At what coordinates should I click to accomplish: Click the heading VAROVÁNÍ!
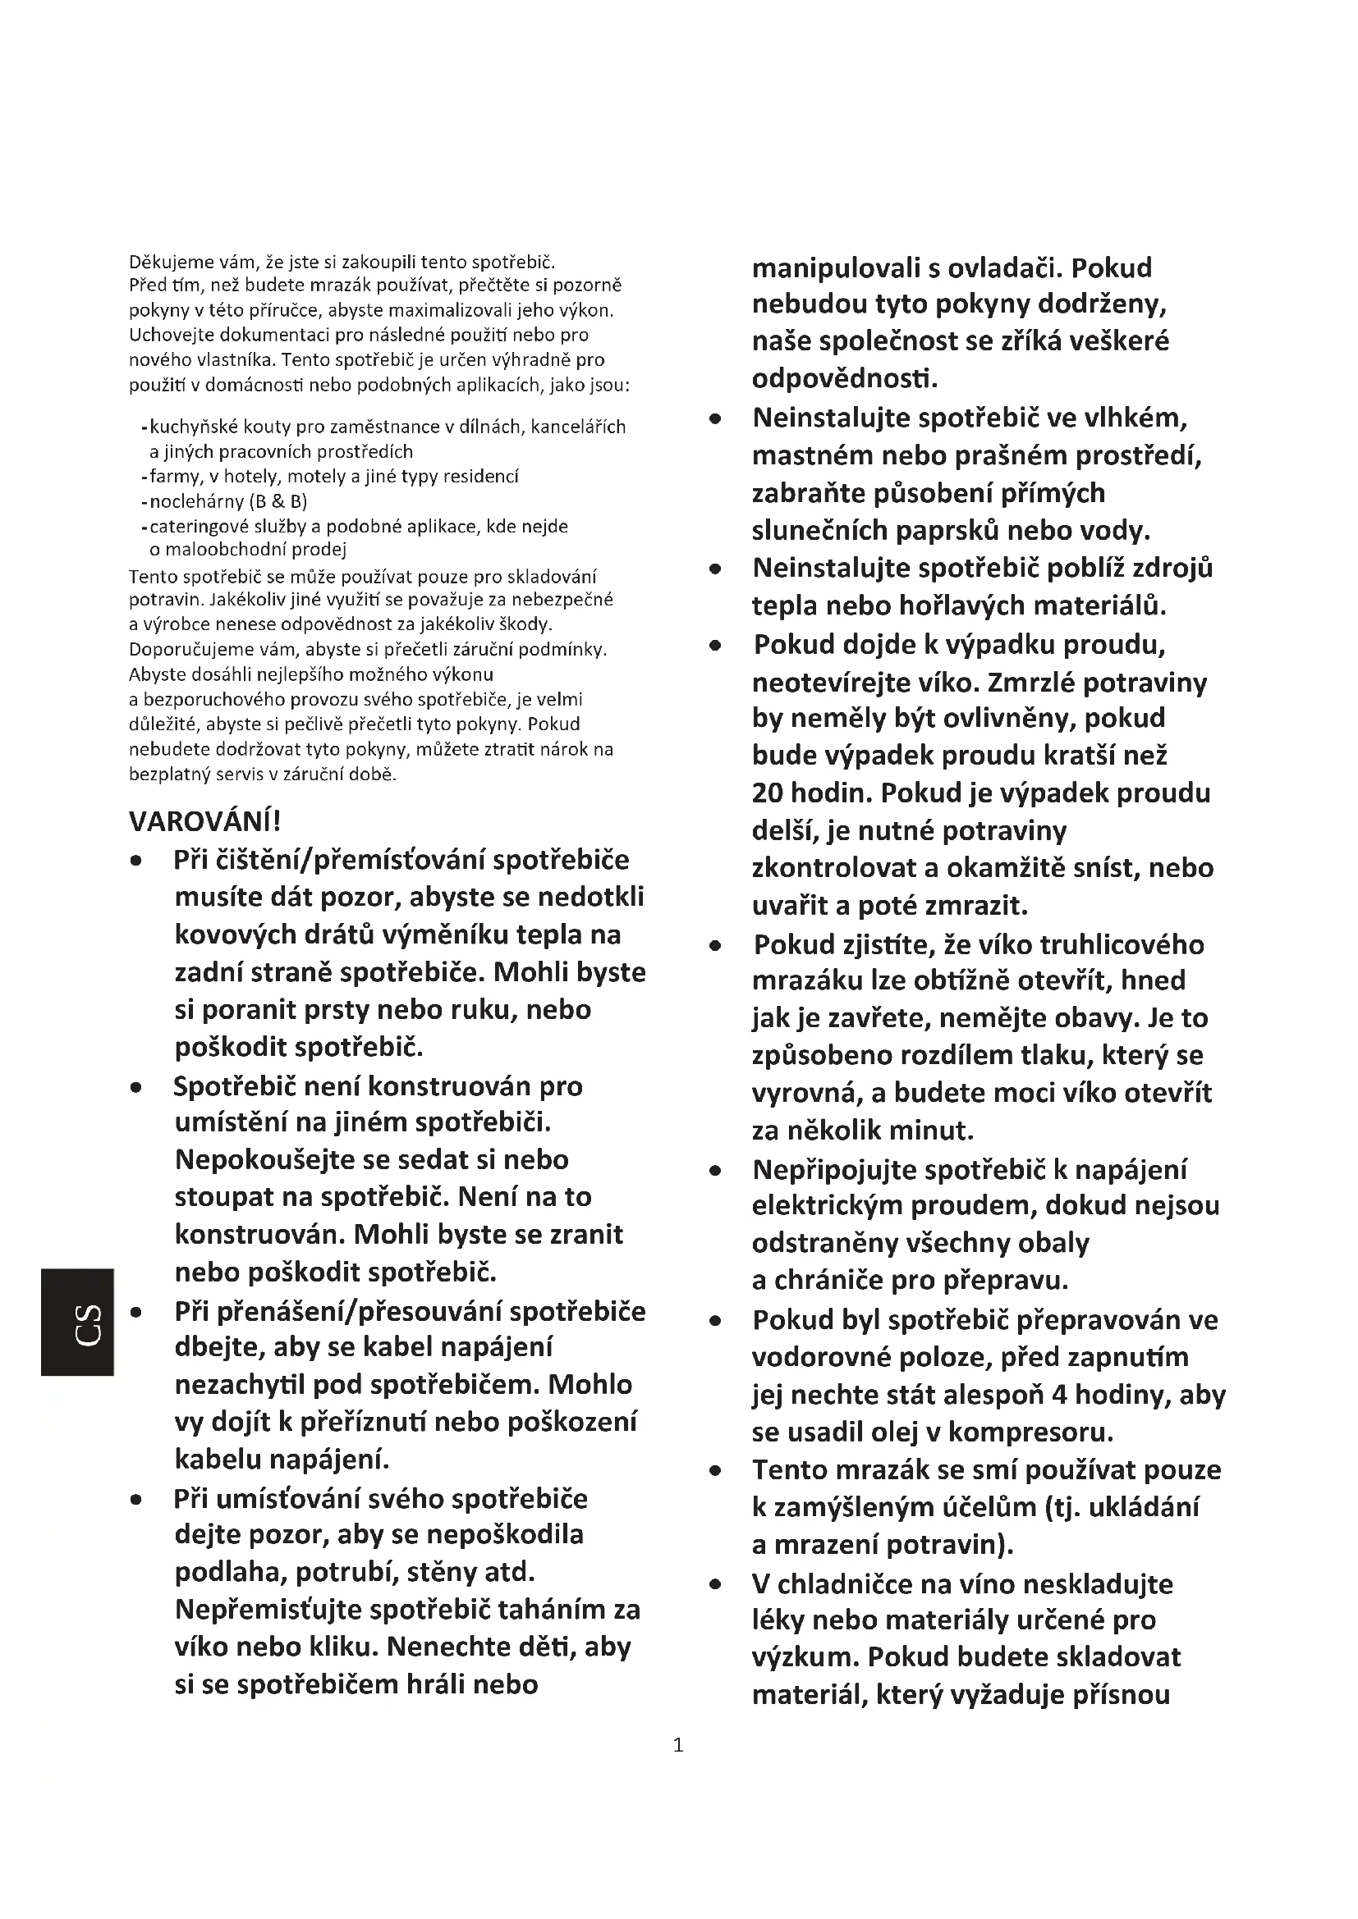[x=205, y=821]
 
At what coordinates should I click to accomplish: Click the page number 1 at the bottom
[x=678, y=1745]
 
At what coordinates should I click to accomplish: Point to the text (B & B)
[x=278, y=501]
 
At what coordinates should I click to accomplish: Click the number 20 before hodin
[x=768, y=793]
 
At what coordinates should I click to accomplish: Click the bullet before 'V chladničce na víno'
[x=715, y=1583]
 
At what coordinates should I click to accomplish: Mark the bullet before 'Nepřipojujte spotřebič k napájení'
[x=715, y=1171]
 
